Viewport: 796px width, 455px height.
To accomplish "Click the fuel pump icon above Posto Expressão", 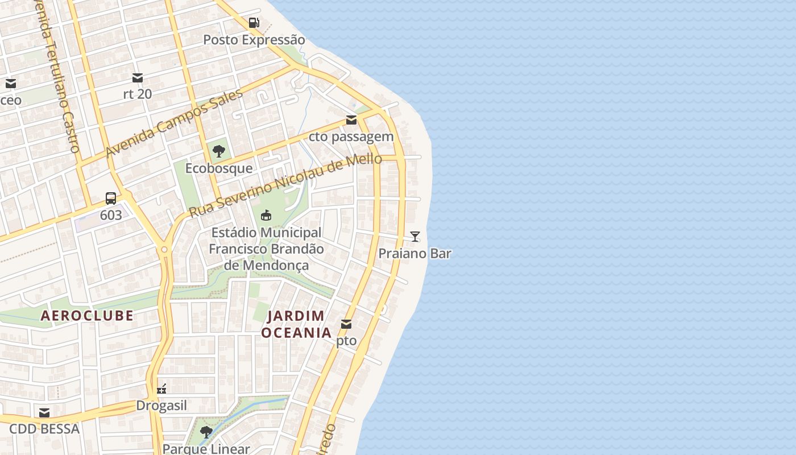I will pos(254,23).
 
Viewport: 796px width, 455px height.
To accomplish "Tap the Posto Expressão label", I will pos(254,40).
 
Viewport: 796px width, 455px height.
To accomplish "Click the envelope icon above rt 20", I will pos(138,77).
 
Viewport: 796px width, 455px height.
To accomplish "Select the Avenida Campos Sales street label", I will pos(174,123).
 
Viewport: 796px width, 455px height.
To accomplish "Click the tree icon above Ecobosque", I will pos(219,151).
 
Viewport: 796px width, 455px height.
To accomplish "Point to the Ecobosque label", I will pos(219,168).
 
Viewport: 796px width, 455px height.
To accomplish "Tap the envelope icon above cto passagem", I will pos(351,120).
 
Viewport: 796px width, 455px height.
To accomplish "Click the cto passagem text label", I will pos(351,136).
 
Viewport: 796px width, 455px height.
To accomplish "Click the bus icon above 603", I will pos(111,198).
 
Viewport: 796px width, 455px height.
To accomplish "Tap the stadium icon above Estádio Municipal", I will pos(266,216).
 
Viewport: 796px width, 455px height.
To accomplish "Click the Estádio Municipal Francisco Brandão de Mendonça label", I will pos(266,249).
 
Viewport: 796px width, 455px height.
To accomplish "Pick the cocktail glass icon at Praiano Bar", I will pos(415,237).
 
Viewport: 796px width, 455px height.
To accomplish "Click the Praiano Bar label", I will pos(415,254).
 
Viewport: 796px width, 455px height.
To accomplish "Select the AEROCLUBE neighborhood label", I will pos(87,316).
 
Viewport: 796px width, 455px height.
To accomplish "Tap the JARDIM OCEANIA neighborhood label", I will pos(296,324).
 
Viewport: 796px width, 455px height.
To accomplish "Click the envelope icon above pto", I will pos(346,324).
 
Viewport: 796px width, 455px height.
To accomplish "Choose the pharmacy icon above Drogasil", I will pos(161,389).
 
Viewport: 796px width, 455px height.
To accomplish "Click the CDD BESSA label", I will pos(44,429).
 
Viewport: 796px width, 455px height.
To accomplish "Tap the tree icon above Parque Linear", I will pos(206,432).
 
